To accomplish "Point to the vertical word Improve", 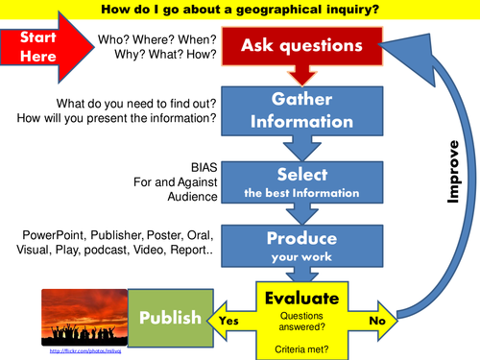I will (x=457, y=173).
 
